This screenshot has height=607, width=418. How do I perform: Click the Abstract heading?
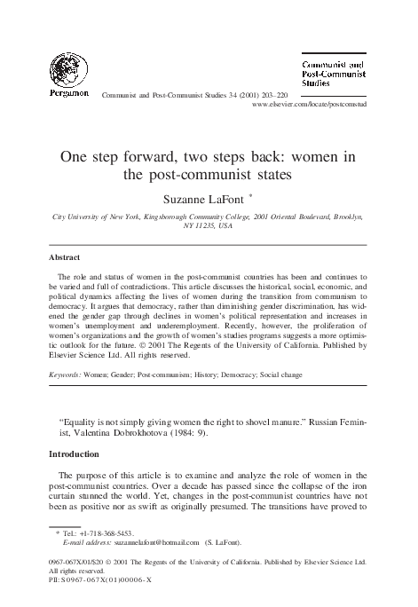[66, 258]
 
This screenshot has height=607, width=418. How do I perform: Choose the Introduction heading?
[77, 454]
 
